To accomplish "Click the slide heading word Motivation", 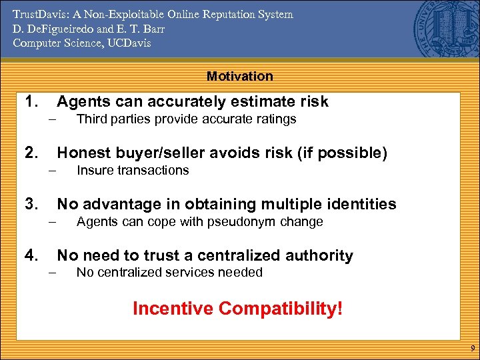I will pos(240,76).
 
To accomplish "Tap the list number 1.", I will pos(31,101).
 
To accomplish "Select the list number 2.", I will pos(31,153).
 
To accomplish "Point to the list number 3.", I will pos(31,204).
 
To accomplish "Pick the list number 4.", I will pos(31,255).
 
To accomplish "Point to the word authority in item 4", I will pos(319,255).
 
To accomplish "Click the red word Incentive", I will pos(173,309).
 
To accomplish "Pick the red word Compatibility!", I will pos(281,309).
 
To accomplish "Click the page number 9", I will pos(471,349).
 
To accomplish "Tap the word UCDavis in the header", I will pos(128,43).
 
